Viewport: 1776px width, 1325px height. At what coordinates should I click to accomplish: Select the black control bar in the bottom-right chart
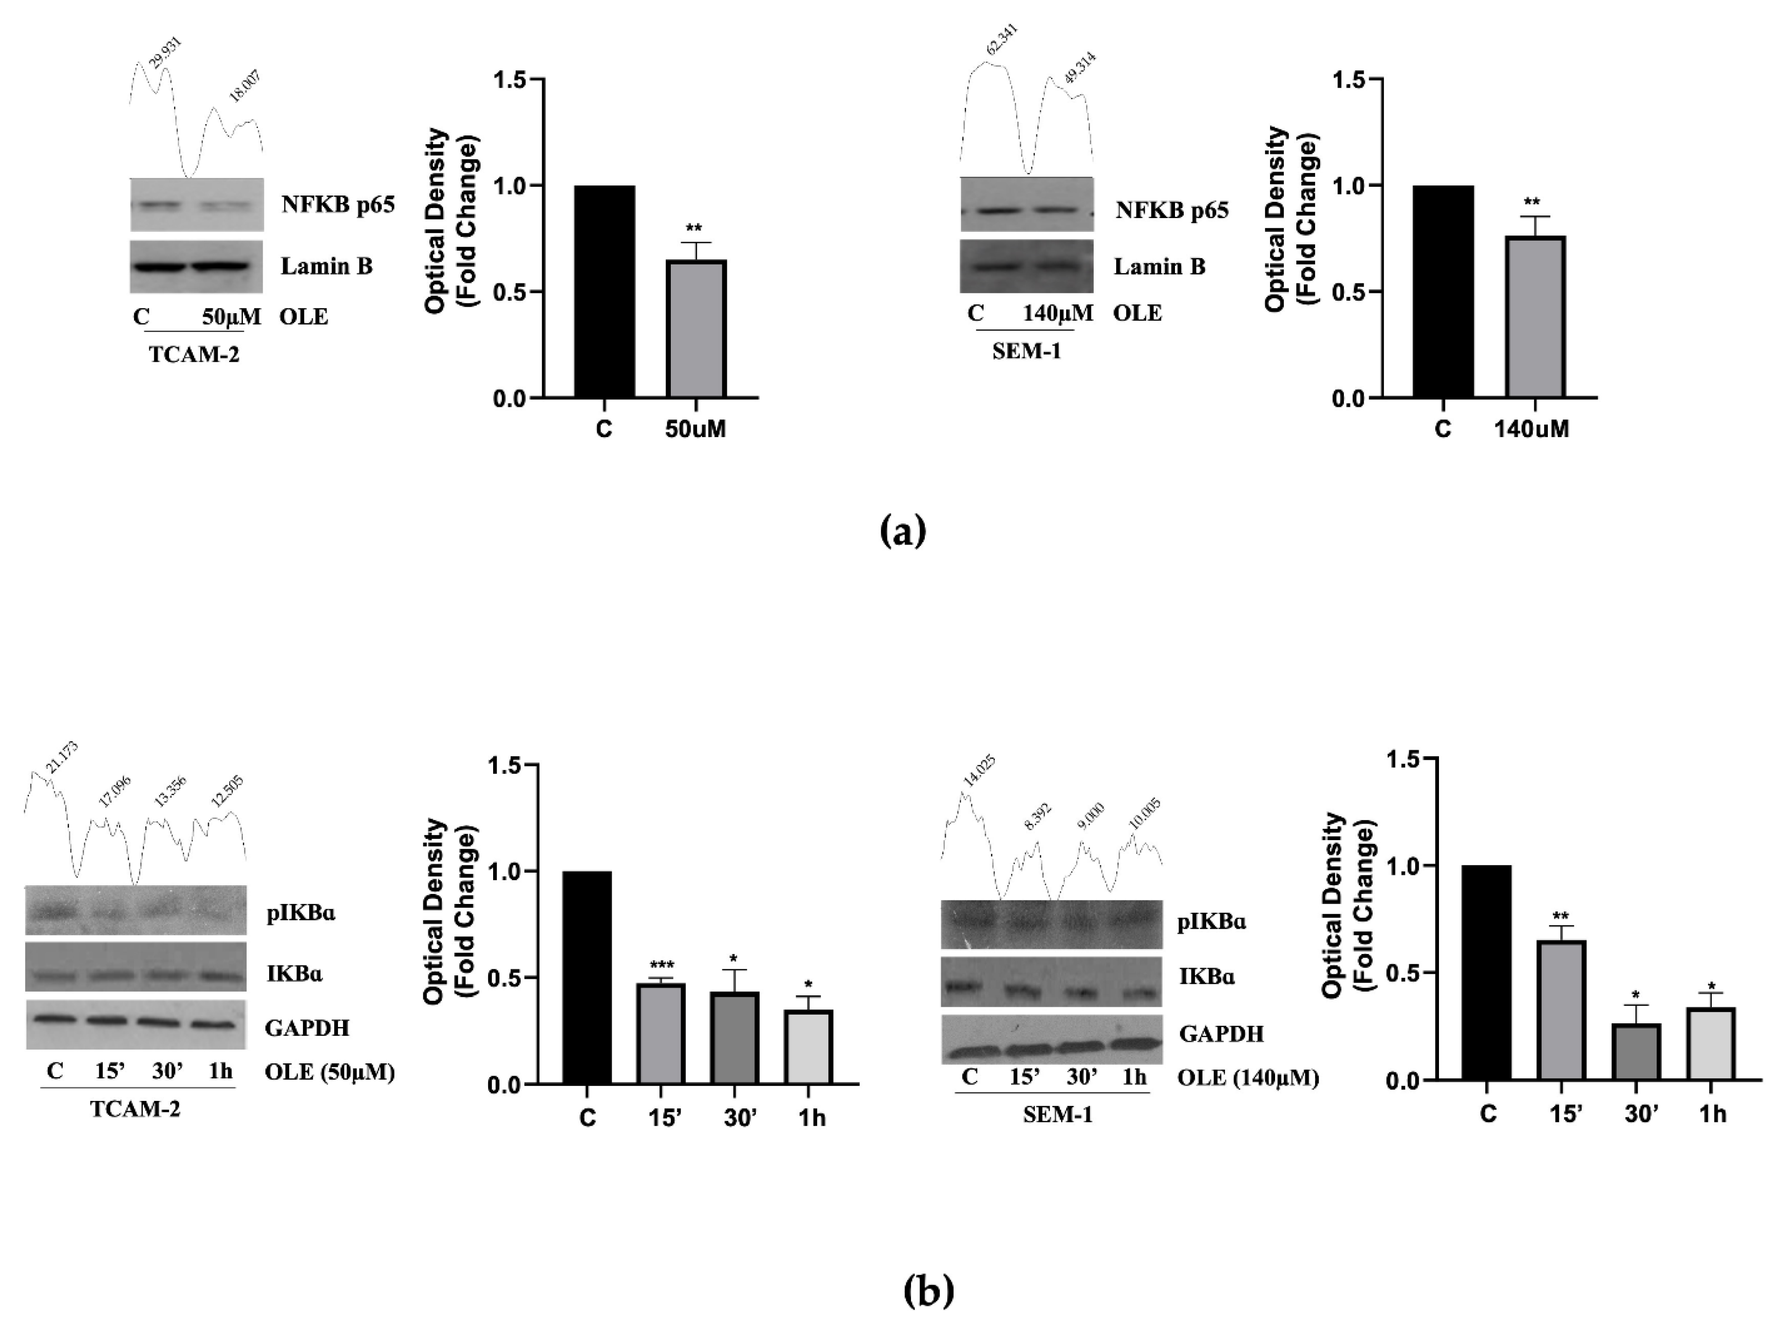point(1486,972)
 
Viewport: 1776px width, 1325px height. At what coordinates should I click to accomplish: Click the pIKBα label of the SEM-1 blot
point(1211,921)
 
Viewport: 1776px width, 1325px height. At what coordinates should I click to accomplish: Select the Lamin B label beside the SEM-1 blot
point(1159,266)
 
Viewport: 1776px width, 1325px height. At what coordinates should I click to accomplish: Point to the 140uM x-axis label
point(1531,429)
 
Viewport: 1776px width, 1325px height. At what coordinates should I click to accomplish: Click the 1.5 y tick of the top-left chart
point(509,80)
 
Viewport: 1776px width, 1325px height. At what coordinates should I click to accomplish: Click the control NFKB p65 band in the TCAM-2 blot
point(158,205)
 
